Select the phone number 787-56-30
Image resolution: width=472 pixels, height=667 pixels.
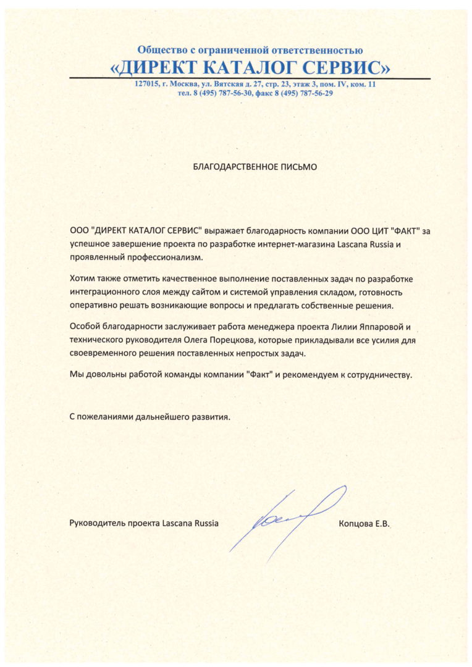point(235,94)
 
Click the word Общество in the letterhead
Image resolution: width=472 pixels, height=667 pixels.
point(162,50)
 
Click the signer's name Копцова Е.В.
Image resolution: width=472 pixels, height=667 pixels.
point(366,524)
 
